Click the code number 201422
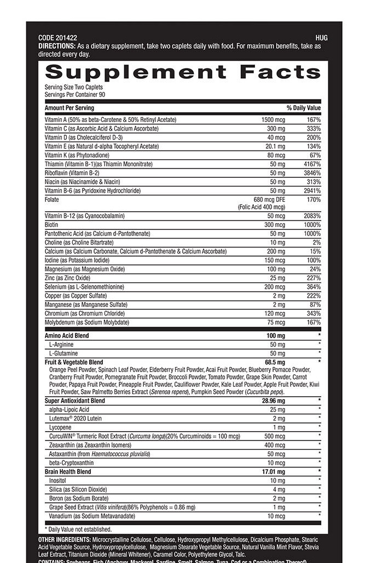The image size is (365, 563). tap(65, 38)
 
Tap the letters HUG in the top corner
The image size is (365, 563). tap(322, 38)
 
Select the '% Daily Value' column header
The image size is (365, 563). tap(304, 108)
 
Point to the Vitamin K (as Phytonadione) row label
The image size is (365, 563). tap(80, 155)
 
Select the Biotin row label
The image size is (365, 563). tap(52, 225)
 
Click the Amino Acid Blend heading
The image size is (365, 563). tap(66, 335)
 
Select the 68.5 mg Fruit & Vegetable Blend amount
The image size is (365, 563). tap(275, 362)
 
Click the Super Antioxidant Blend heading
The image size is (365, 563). tap(75, 401)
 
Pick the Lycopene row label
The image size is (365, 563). tap(60, 427)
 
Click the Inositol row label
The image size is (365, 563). tap(59, 480)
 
